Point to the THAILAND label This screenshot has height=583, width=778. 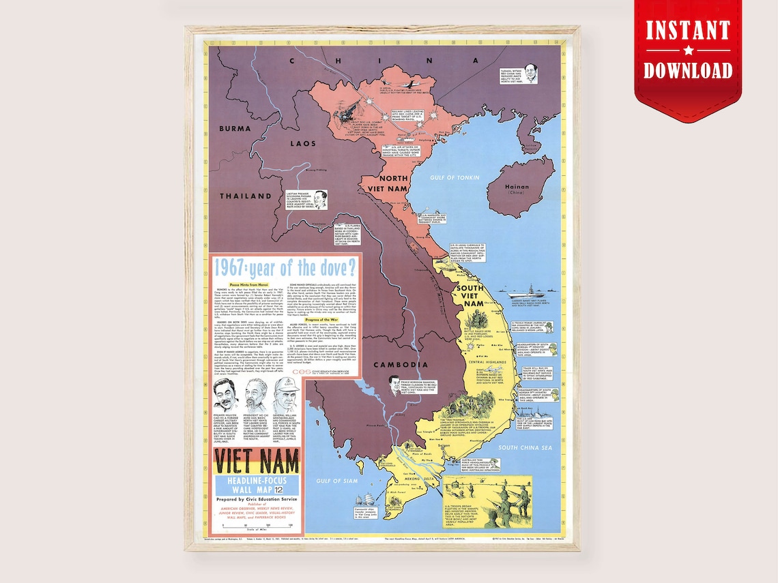click(x=246, y=196)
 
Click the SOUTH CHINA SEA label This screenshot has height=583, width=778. click(x=525, y=447)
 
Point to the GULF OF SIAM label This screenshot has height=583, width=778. click(x=336, y=481)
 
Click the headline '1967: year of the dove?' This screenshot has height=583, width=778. click(x=289, y=268)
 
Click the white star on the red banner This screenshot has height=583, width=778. click(x=688, y=50)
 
